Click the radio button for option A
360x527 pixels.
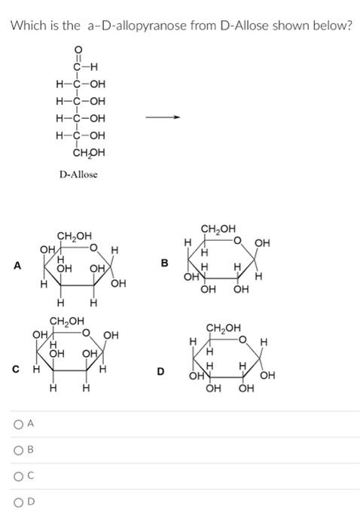click(x=17, y=424)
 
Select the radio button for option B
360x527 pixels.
click(x=17, y=450)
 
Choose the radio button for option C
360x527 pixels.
click(x=17, y=476)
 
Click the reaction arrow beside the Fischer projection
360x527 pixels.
click(x=163, y=117)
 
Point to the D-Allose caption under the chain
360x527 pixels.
click(x=78, y=174)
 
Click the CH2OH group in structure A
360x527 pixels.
click(x=74, y=237)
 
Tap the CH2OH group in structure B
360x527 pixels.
click(x=218, y=228)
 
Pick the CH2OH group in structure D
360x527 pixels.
click(x=224, y=327)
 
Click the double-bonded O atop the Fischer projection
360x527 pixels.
click(x=80, y=51)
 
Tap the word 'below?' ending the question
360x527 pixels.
click(x=332, y=26)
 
